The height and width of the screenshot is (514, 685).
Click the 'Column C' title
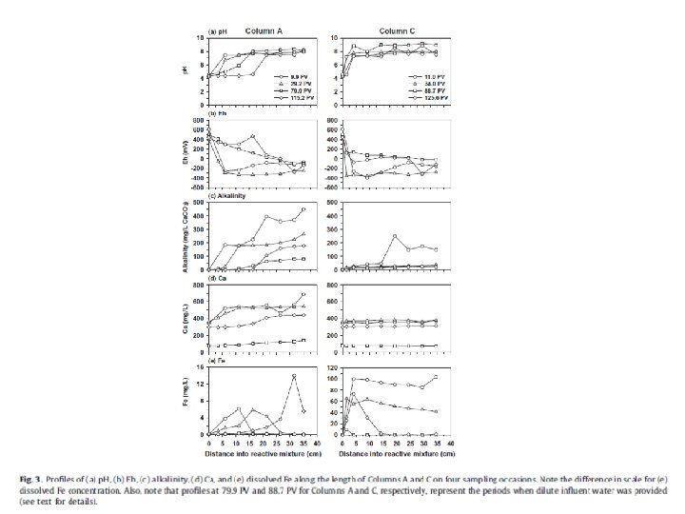(x=385, y=30)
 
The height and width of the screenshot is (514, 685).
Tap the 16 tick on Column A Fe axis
(x=202, y=367)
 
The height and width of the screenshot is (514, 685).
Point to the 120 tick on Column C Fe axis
(x=333, y=367)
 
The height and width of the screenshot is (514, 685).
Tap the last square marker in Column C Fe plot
(x=437, y=378)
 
